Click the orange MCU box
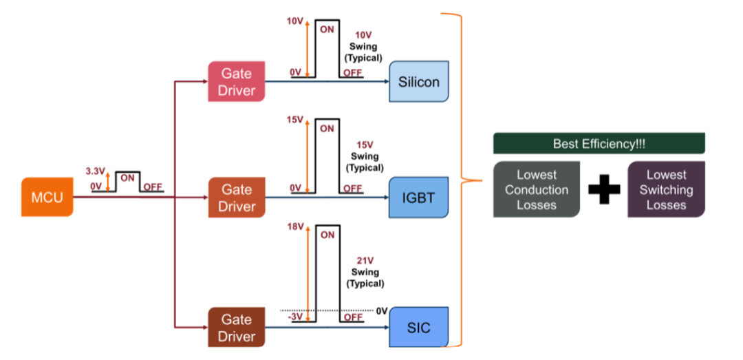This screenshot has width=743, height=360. click(x=47, y=197)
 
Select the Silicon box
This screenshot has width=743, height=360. click(x=419, y=81)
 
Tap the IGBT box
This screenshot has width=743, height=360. click(x=419, y=198)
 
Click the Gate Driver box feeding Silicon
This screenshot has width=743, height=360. click(x=237, y=81)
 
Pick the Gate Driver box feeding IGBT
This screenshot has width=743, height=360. click(x=237, y=197)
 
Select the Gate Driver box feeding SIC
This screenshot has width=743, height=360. click(x=237, y=328)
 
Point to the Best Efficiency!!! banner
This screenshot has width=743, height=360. click(x=599, y=143)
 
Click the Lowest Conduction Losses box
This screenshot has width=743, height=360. click(x=537, y=189)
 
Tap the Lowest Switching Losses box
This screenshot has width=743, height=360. click(x=666, y=189)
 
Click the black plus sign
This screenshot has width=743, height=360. click(x=604, y=189)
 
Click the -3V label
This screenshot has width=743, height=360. click(x=295, y=317)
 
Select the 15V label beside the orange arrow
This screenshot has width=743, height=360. click(x=294, y=120)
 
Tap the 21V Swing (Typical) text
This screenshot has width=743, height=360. click(x=365, y=272)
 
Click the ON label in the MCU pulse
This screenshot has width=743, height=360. click(x=127, y=176)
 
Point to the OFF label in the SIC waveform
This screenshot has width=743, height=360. click(x=352, y=317)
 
